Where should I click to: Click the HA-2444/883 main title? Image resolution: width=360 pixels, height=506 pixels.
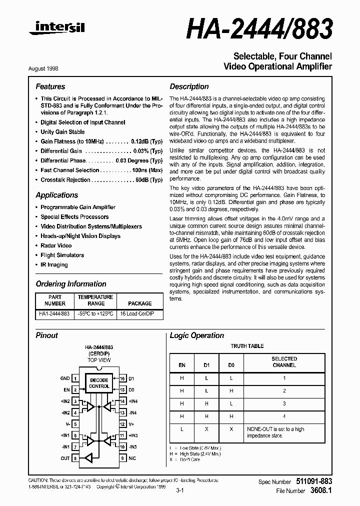click(259, 29)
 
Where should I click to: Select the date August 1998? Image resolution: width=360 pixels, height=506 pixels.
click(50, 67)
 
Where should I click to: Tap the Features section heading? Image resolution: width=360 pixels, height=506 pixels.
click(50, 86)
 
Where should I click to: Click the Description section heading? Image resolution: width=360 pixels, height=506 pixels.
click(189, 86)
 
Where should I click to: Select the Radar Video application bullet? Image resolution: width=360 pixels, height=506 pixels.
click(56, 245)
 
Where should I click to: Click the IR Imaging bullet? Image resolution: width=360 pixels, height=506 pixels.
click(54, 265)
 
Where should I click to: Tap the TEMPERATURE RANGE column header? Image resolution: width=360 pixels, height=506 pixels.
click(96, 300)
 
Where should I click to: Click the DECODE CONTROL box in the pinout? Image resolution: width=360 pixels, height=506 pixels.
click(98, 383)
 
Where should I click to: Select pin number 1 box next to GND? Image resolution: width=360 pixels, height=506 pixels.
click(75, 379)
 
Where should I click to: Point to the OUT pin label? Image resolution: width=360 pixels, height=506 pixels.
click(65, 458)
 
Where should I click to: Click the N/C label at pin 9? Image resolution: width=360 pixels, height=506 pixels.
click(132, 458)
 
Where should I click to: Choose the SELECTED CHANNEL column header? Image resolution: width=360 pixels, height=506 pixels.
click(284, 362)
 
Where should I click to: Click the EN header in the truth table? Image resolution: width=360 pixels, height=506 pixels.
click(181, 365)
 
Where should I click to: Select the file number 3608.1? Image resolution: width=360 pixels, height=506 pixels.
click(320, 491)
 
